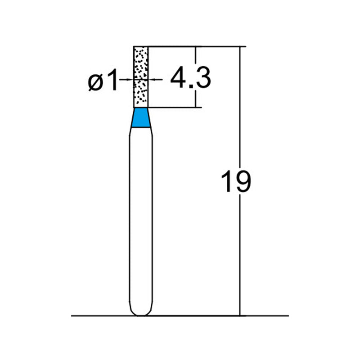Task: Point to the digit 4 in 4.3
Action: coord(178,79)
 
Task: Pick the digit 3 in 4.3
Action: coord(203,79)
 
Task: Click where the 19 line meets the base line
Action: coord(240,316)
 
